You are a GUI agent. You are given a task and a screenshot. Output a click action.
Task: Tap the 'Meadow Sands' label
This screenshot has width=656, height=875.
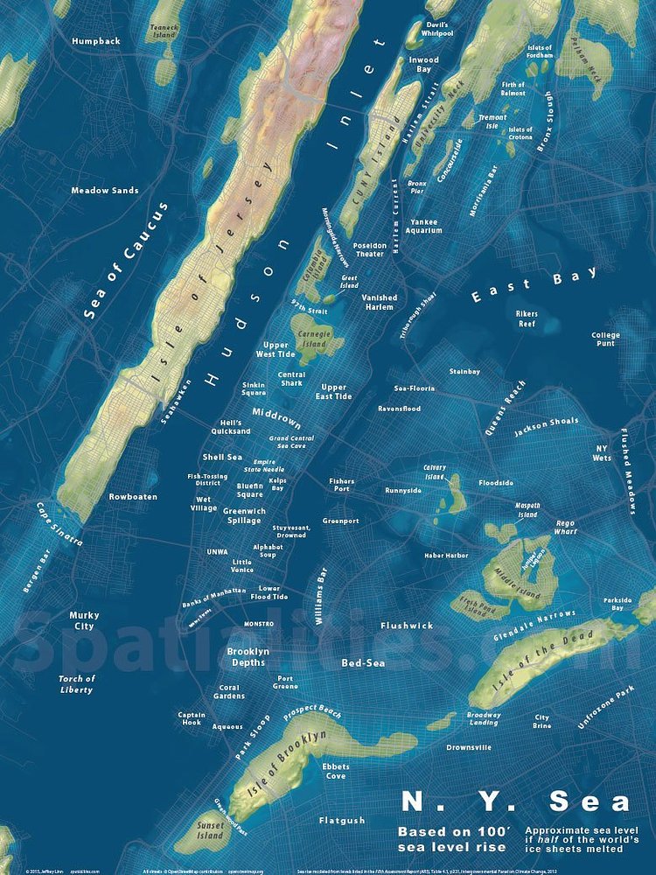[105, 190]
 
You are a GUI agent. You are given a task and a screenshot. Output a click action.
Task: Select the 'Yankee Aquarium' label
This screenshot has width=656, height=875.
[424, 227]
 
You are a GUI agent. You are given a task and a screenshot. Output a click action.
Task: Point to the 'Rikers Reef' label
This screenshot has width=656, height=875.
[526, 318]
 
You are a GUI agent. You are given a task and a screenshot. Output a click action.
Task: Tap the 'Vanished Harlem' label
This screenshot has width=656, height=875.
[380, 302]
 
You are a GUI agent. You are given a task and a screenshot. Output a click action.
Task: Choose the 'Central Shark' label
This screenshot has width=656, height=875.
[291, 379]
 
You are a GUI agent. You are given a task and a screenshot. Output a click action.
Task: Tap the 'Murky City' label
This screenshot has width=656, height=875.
[84, 620]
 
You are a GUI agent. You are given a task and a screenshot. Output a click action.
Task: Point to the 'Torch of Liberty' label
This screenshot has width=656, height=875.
[77, 684]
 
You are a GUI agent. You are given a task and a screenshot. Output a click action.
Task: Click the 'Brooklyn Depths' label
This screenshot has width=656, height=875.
[247, 657]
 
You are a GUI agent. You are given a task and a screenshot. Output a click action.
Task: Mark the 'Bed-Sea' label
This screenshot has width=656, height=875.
[363, 663]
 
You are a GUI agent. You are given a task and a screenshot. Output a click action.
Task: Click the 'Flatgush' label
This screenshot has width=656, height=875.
[342, 821]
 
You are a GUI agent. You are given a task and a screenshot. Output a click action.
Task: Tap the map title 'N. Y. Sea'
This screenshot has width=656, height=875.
[515, 801]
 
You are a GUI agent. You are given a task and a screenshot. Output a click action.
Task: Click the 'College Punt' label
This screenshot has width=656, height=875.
[605, 339]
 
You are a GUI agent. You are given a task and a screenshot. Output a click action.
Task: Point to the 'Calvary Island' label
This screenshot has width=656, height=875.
[435, 472]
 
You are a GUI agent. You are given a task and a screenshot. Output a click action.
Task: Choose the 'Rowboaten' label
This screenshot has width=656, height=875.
[133, 497]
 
